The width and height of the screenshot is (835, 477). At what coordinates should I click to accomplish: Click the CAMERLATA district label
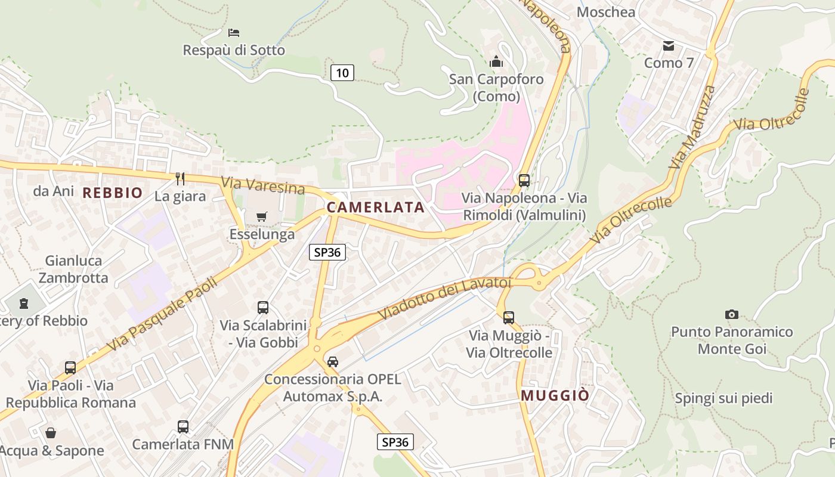point(375,207)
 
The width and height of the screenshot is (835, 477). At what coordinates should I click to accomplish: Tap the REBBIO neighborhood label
point(113,193)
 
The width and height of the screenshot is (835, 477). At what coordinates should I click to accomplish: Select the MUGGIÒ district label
point(555,395)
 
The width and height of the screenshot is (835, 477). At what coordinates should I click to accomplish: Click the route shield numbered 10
point(342,73)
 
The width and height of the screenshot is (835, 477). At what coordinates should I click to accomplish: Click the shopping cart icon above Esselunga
point(262,216)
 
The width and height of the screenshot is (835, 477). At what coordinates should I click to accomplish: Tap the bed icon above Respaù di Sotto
point(234,32)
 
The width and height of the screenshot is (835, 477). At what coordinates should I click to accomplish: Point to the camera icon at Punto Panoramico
point(731,314)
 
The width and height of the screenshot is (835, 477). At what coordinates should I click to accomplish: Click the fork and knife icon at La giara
point(180,178)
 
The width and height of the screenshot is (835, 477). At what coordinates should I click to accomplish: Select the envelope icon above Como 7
point(668,45)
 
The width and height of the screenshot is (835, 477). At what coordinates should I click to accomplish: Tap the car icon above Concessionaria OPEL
point(333,361)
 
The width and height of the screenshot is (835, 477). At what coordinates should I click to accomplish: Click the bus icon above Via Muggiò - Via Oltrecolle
point(508,318)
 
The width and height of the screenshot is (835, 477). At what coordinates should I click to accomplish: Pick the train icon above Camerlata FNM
point(183,427)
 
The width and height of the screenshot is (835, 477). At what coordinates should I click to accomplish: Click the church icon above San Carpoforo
point(496,61)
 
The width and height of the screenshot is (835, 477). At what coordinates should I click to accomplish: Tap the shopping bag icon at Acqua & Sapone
point(51,433)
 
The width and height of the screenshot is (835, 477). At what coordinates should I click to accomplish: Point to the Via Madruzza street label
point(692,127)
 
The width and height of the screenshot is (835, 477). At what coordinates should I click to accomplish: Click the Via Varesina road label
point(263,185)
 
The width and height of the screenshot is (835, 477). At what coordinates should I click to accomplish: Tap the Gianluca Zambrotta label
point(73,269)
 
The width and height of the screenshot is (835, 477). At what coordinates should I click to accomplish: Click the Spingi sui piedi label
point(723,398)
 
